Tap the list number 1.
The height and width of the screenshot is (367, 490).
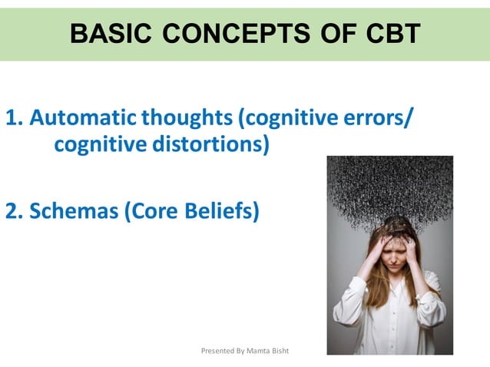point(14,118)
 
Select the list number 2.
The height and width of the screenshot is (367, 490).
point(14,210)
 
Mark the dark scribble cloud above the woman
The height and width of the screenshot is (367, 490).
point(389,188)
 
